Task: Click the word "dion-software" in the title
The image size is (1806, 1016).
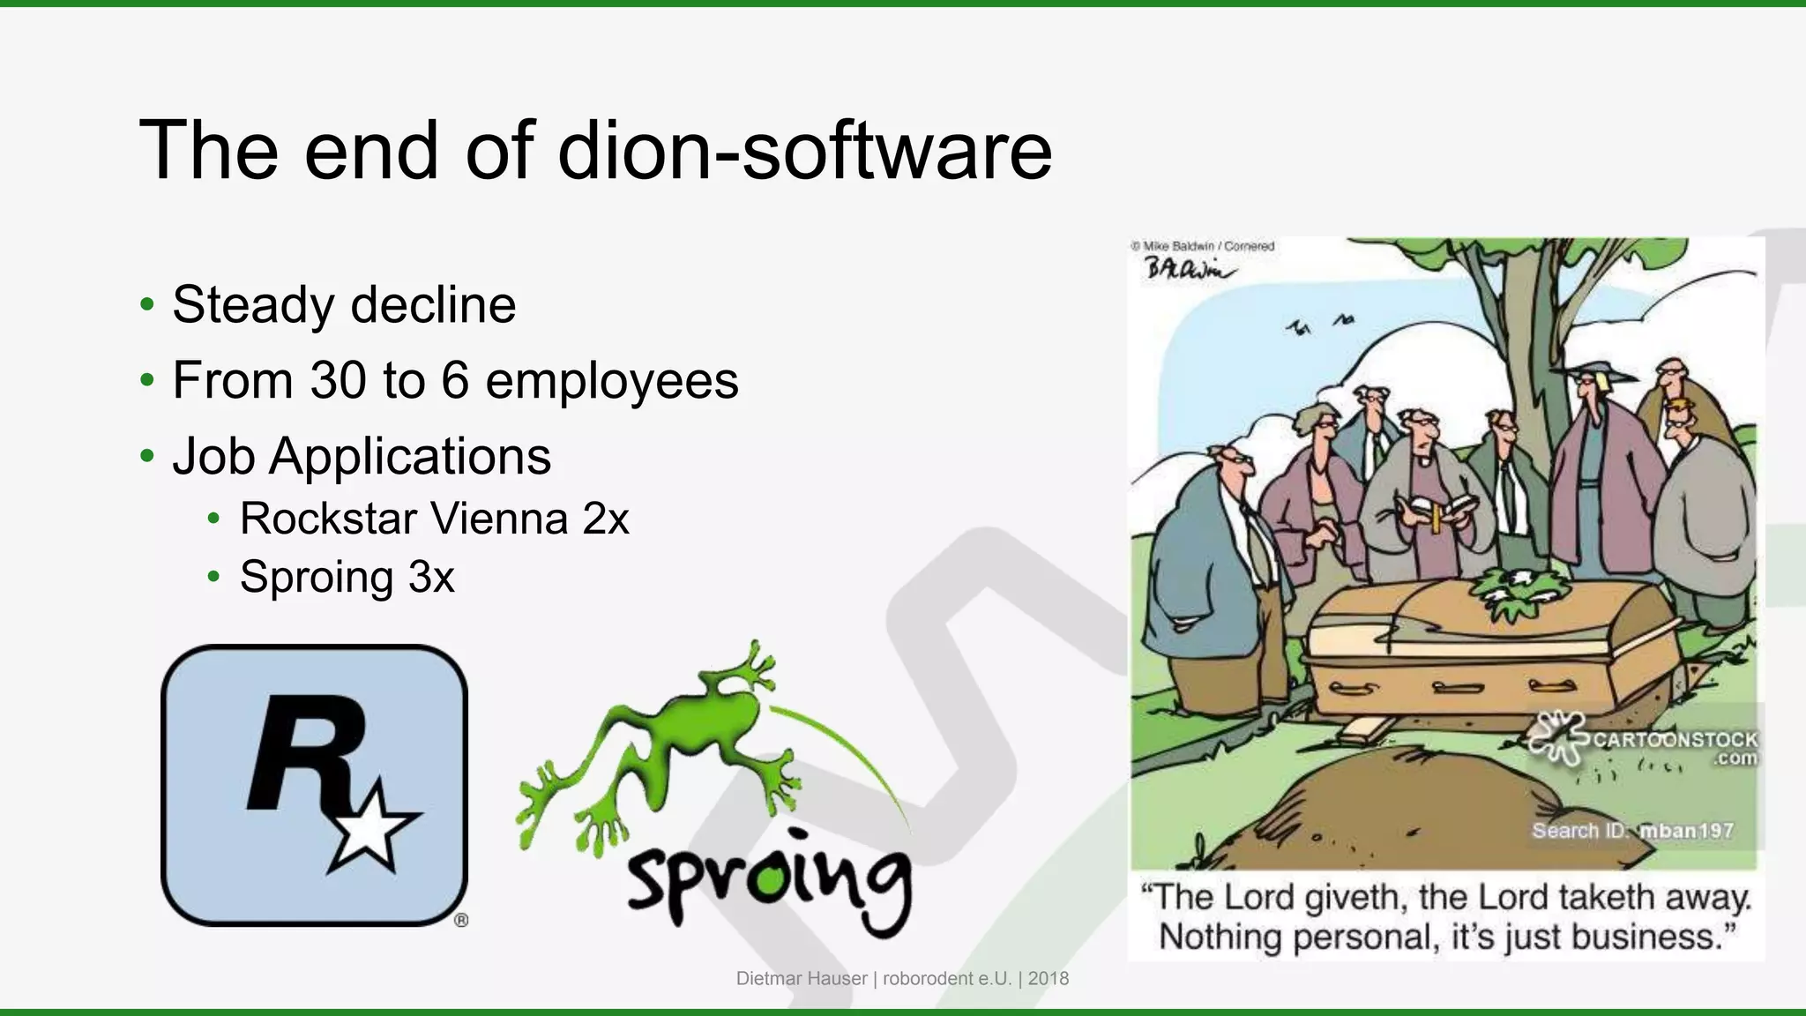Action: (x=805, y=150)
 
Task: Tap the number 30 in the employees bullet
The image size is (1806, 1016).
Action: (x=338, y=380)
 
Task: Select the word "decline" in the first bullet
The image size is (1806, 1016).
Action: (x=432, y=305)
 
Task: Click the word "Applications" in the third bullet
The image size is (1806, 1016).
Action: (x=410, y=457)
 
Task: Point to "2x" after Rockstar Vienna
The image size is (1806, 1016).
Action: (x=605, y=519)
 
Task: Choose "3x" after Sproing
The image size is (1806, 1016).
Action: (x=431, y=578)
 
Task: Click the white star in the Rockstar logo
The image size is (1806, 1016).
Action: (x=369, y=826)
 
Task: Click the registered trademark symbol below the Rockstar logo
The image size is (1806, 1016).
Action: (x=461, y=920)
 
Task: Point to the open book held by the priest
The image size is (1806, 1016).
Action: (x=1437, y=510)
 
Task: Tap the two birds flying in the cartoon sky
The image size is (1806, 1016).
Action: (x=1319, y=325)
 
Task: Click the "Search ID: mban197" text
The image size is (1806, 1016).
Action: (x=1632, y=831)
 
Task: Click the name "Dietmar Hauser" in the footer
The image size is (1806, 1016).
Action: (x=802, y=978)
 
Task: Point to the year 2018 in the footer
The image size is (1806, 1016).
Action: (x=1049, y=978)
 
